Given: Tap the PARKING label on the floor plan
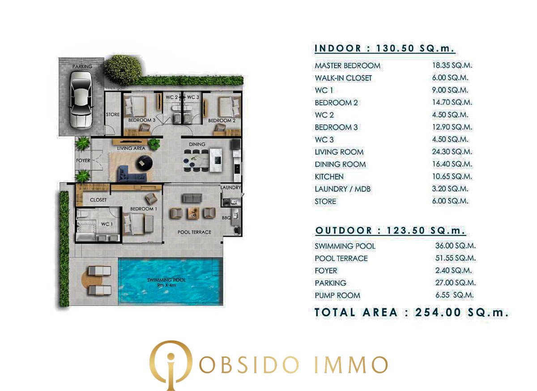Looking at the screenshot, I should pyautogui.click(x=82, y=67).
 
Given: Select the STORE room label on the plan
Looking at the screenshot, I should pyautogui.click(x=113, y=115).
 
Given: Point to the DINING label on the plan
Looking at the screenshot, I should pyautogui.click(x=197, y=144).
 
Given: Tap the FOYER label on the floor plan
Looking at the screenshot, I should pyautogui.click(x=83, y=160).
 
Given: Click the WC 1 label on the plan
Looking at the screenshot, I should pyautogui.click(x=106, y=224).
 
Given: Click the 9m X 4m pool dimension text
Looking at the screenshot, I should pyautogui.click(x=166, y=285).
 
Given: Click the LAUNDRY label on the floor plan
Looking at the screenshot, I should pyautogui.click(x=230, y=188).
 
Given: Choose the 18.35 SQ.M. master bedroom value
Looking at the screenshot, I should pyautogui.click(x=452, y=65).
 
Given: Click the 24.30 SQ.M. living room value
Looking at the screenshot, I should pyautogui.click(x=452, y=152).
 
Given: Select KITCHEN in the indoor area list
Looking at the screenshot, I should pyautogui.click(x=329, y=176).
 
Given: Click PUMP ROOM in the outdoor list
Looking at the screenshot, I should pyautogui.click(x=337, y=295).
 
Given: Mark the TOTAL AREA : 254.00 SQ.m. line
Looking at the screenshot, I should pyautogui.click(x=412, y=312).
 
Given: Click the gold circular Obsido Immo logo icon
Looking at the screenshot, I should pyautogui.click(x=170, y=364).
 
